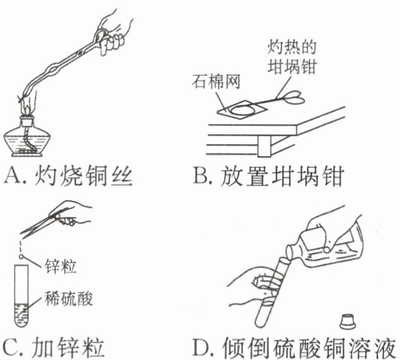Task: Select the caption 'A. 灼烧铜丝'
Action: click(x=69, y=174)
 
